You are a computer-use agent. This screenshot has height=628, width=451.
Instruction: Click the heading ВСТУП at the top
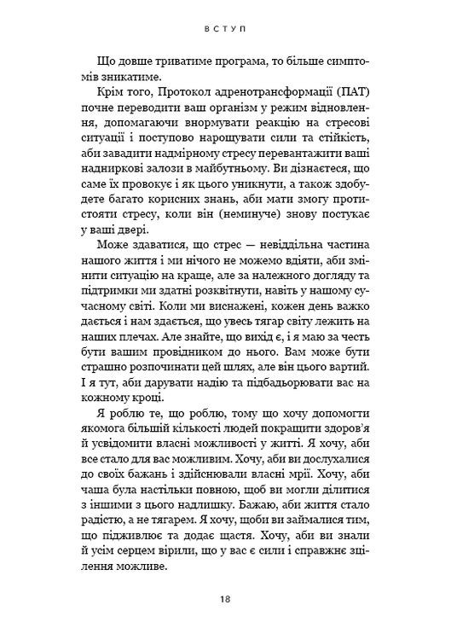(x=225, y=27)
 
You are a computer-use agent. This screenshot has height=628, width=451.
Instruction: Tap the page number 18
(x=225, y=600)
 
